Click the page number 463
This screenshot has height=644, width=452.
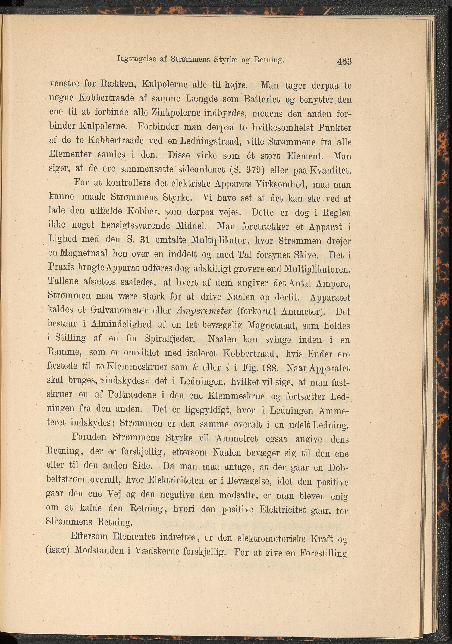coord(345,61)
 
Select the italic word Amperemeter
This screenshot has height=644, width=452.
coord(204,311)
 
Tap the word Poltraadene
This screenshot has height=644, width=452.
coord(132,395)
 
